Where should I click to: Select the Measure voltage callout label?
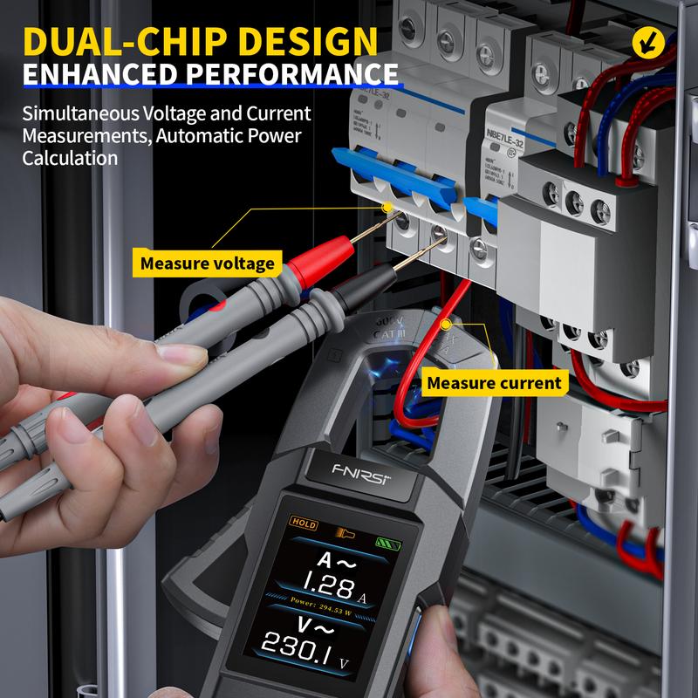[208, 263]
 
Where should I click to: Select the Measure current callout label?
[494, 382]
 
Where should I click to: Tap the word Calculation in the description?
[70, 159]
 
